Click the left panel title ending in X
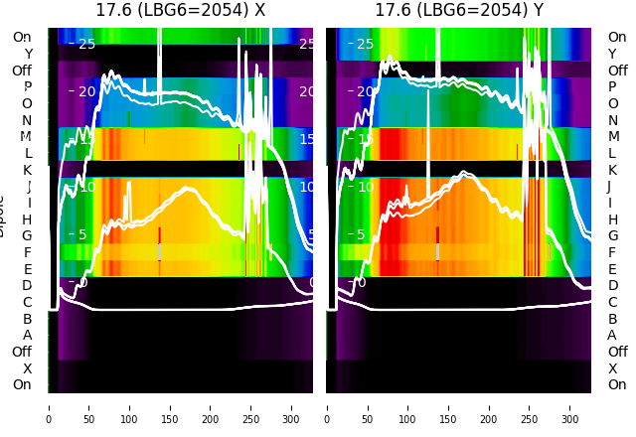tap(180, 10)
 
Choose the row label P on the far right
tap(613, 86)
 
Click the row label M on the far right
tap(613, 136)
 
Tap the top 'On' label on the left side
tap(22, 37)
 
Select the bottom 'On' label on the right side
tap(617, 384)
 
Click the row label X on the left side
tap(28, 368)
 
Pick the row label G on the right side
tap(612, 235)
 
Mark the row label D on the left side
tap(28, 285)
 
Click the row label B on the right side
tap(612, 319)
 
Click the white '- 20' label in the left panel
tap(81, 91)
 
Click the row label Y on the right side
tap(612, 54)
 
